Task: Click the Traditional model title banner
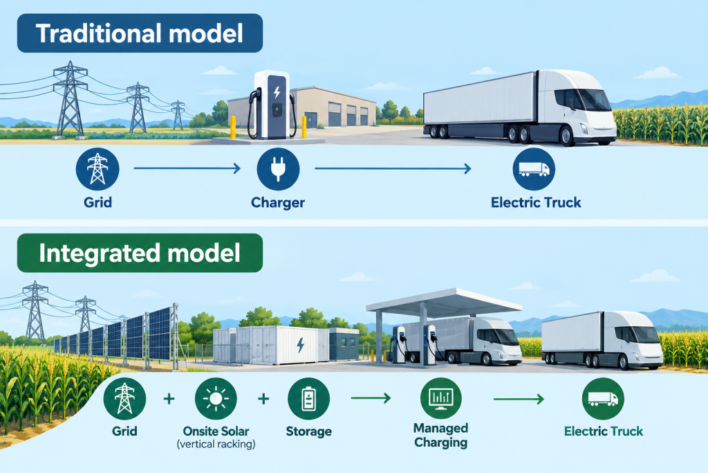click(x=140, y=33)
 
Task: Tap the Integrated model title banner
click(x=140, y=253)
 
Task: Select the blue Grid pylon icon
click(x=97, y=169)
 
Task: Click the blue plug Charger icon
click(x=278, y=169)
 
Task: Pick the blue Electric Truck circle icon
click(x=534, y=169)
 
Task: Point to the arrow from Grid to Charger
click(x=187, y=169)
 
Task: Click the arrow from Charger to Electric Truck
click(x=393, y=169)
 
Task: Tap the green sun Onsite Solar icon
click(x=216, y=399)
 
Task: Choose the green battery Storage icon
click(x=309, y=399)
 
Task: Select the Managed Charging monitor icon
click(x=440, y=398)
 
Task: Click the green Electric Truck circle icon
click(x=603, y=399)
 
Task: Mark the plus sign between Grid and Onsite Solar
click(x=169, y=399)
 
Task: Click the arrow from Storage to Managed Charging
click(x=371, y=398)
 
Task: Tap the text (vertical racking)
click(x=216, y=444)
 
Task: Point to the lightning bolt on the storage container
click(x=300, y=345)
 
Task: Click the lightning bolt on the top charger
click(x=277, y=92)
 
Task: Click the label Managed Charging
click(x=440, y=435)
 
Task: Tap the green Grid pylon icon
click(x=124, y=399)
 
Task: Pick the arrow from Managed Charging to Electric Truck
click(x=519, y=399)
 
